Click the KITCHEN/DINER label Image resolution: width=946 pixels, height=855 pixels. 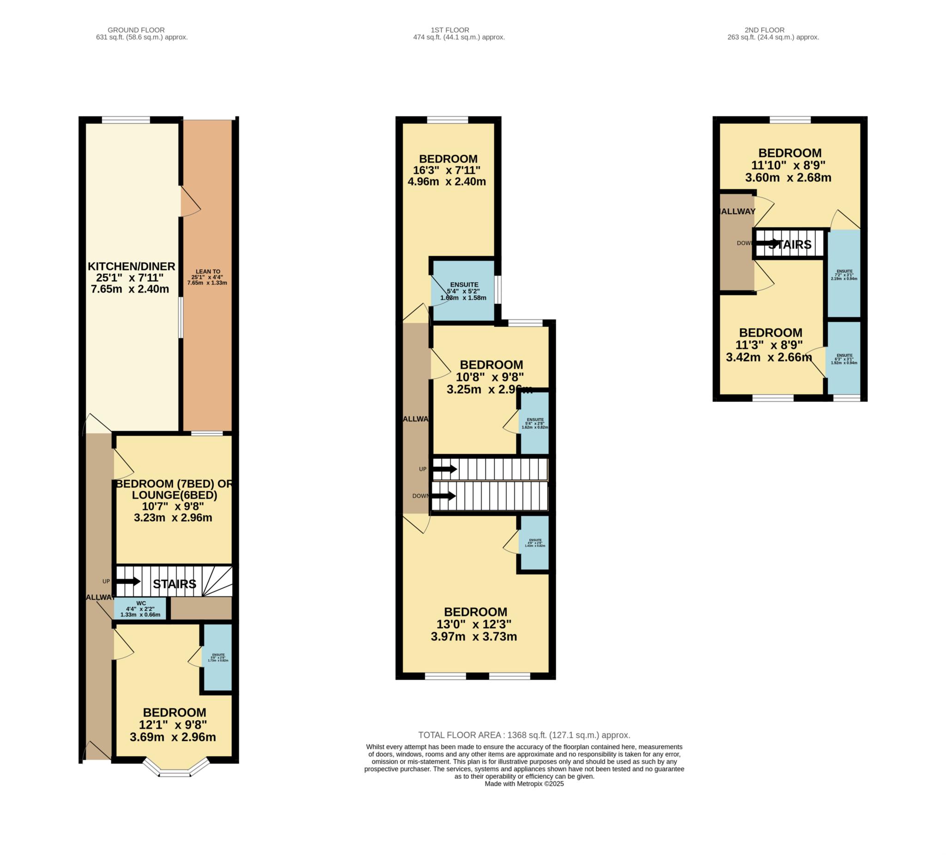pos(131,266)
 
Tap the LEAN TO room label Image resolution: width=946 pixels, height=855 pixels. pos(208,271)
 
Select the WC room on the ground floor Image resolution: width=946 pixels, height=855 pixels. pos(140,609)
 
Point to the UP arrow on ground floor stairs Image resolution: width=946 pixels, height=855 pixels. pos(128,582)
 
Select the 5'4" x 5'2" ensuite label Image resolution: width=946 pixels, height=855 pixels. pos(464,291)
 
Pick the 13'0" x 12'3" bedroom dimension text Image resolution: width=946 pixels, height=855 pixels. pos(474,625)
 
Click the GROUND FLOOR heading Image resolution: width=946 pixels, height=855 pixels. pos(136,30)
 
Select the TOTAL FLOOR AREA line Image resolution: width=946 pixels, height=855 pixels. pos(524,735)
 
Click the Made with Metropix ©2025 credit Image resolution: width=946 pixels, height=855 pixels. pos(524,784)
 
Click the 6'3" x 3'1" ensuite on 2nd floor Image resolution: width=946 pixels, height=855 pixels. pos(844,359)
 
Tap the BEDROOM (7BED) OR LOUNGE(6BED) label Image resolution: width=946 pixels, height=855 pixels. pos(174,489)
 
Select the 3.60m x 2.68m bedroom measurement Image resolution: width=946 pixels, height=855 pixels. pos(788,178)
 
